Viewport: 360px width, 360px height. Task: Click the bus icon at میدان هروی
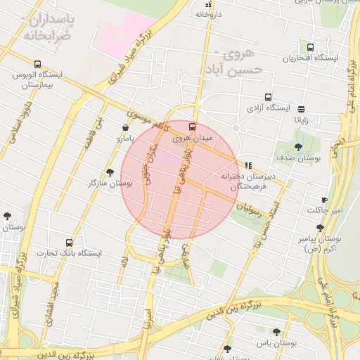pos(192,127)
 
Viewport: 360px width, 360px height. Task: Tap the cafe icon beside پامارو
pos(125,127)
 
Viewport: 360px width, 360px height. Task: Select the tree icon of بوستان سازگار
pos(110,172)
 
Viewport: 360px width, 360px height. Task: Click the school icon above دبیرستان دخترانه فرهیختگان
pos(248,165)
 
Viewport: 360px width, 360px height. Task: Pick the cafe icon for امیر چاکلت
pos(324,200)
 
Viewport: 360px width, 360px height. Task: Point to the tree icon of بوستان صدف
pos(299,147)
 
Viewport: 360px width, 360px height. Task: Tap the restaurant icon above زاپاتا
pos(301,109)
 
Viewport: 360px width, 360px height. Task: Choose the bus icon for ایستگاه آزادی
pos(267,98)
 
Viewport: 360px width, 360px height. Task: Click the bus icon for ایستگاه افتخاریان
pos(310,46)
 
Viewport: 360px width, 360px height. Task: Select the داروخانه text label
pos(208,13)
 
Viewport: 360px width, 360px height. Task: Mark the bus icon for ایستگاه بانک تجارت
pos(68,242)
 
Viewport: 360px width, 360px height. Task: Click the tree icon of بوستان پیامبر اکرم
pos(320,228)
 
